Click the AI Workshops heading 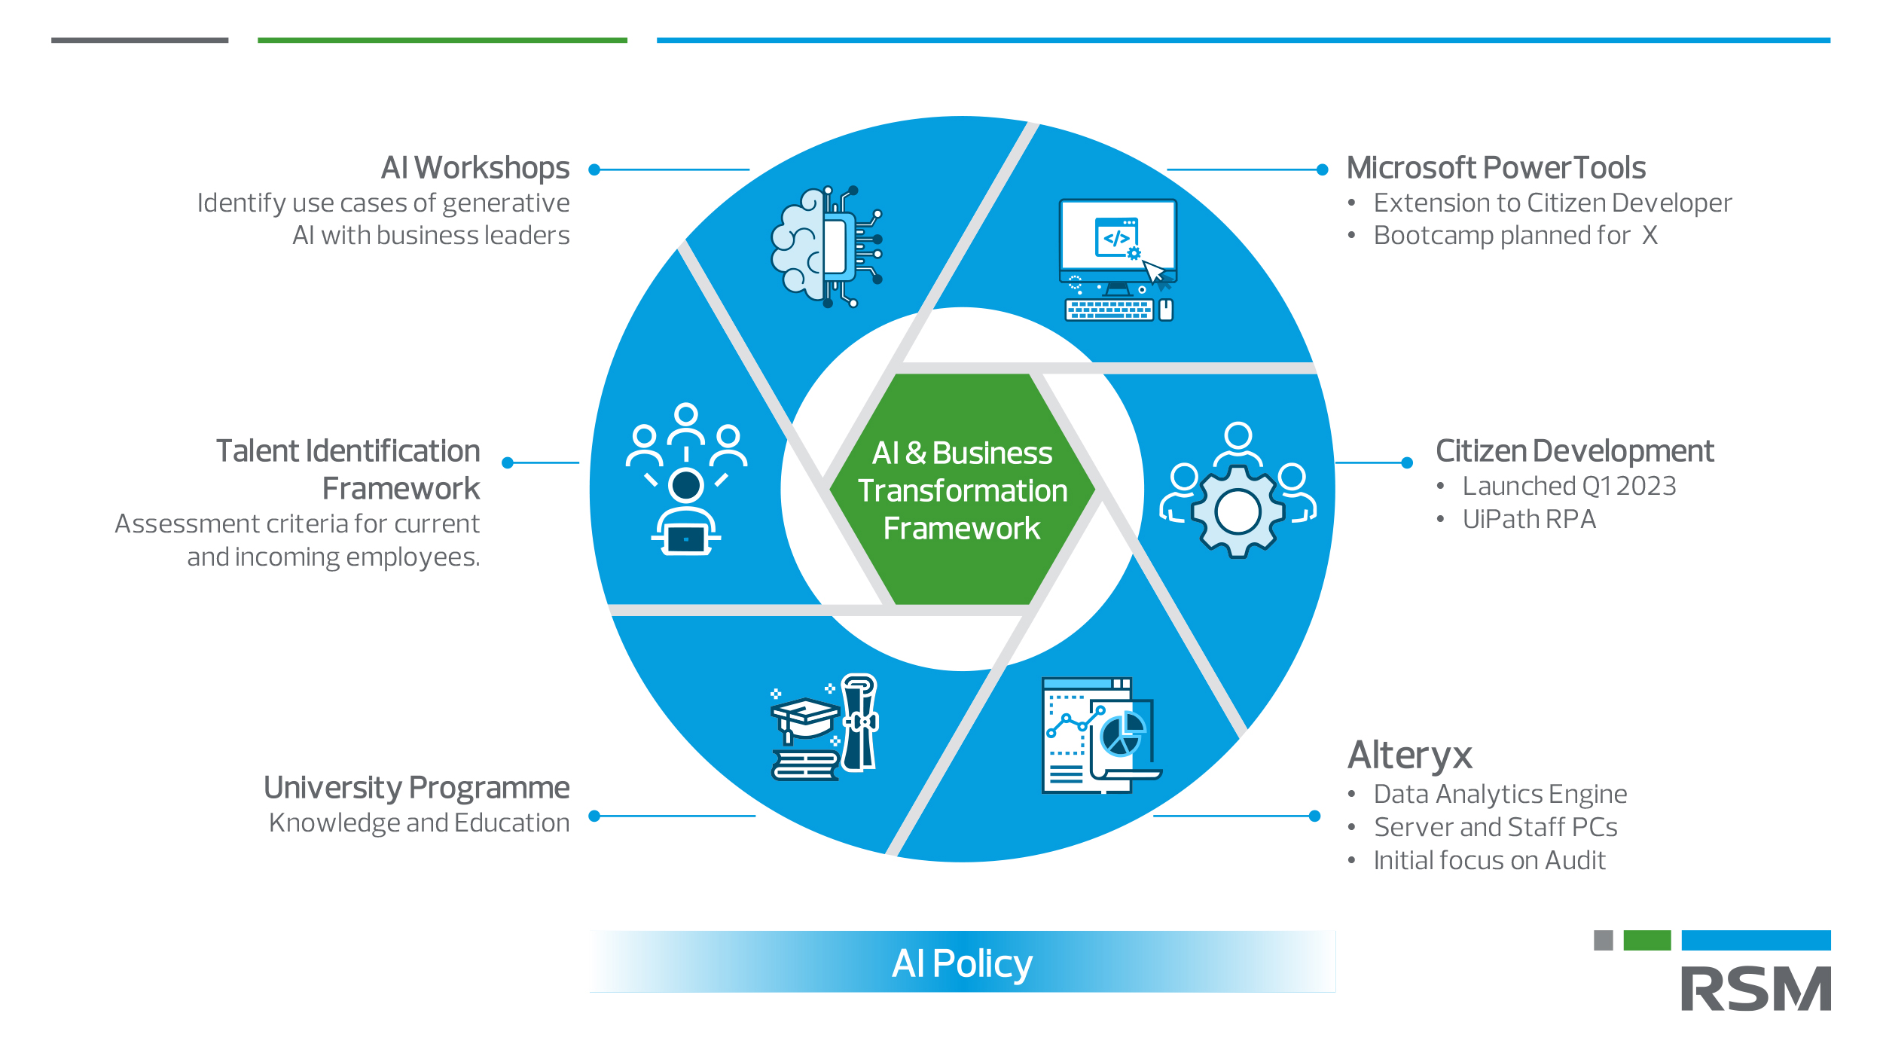(475, 168)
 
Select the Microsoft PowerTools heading (1496, 168)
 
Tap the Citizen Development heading (1574, 451)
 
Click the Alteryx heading (1409, 755)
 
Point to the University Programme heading (417, 788)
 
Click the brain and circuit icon (826, 246)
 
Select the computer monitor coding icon (1118, 260)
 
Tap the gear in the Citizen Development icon (1238, 511)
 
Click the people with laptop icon (686, 479)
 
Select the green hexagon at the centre (962, 490)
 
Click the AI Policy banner (962, 963)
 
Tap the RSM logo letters (1756, 989)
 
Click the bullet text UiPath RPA (1529, 520)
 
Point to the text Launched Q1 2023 (1569, 487)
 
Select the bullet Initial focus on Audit (1489, 860)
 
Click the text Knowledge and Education (420, 823)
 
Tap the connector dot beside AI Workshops (594, 170)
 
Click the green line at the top (442, 40)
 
